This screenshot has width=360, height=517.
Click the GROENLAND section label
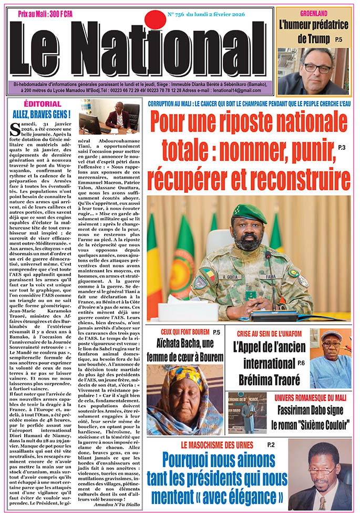coord(314,12)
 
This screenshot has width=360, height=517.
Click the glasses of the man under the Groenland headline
coord(317,68)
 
